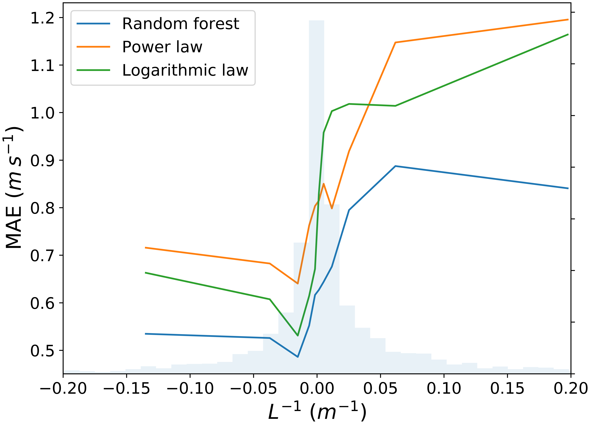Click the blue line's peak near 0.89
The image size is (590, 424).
(395, 166)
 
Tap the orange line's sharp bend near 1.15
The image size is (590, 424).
(395, 42)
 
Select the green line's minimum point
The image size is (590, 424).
(298, 336)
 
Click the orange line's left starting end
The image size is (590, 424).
(145, 248)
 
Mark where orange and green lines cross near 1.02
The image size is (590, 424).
(368, 105)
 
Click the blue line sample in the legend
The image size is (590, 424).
(93, 24)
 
